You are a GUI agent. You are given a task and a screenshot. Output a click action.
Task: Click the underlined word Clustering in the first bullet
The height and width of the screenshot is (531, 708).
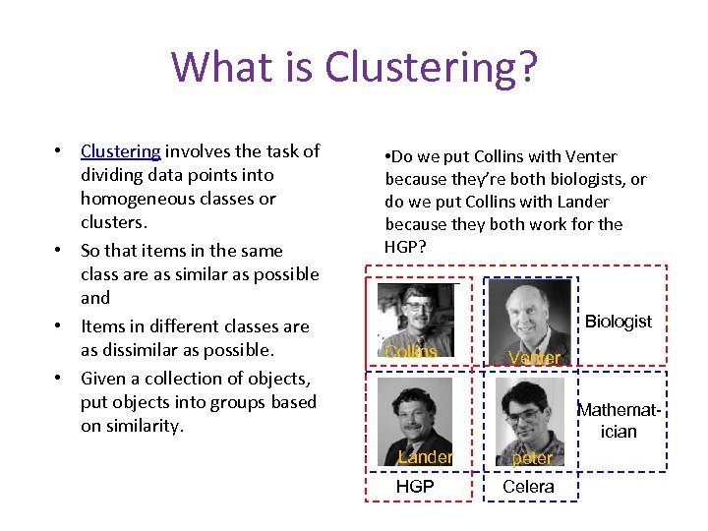pos(120,151)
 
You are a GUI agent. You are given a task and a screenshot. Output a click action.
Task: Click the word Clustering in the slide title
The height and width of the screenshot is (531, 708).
pos(431,67)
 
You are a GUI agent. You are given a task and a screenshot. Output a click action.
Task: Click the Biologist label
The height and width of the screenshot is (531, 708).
pos(618,322)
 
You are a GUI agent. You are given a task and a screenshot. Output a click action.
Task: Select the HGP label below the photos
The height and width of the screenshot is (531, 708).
pos(414,486)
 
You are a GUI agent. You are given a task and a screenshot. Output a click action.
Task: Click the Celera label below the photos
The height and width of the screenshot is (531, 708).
pos(528,486)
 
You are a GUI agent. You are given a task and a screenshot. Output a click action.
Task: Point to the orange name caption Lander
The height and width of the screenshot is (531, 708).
pos(425,457)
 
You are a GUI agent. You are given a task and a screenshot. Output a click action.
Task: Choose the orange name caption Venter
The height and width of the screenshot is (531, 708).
pos(535,358)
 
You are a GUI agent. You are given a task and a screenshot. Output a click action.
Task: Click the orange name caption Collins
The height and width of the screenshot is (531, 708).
pos(410,351)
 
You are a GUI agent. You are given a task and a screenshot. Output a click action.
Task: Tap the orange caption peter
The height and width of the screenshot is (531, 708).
pos(533,458)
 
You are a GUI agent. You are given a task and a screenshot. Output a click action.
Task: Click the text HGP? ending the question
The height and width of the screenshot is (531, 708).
pos(406,247)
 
